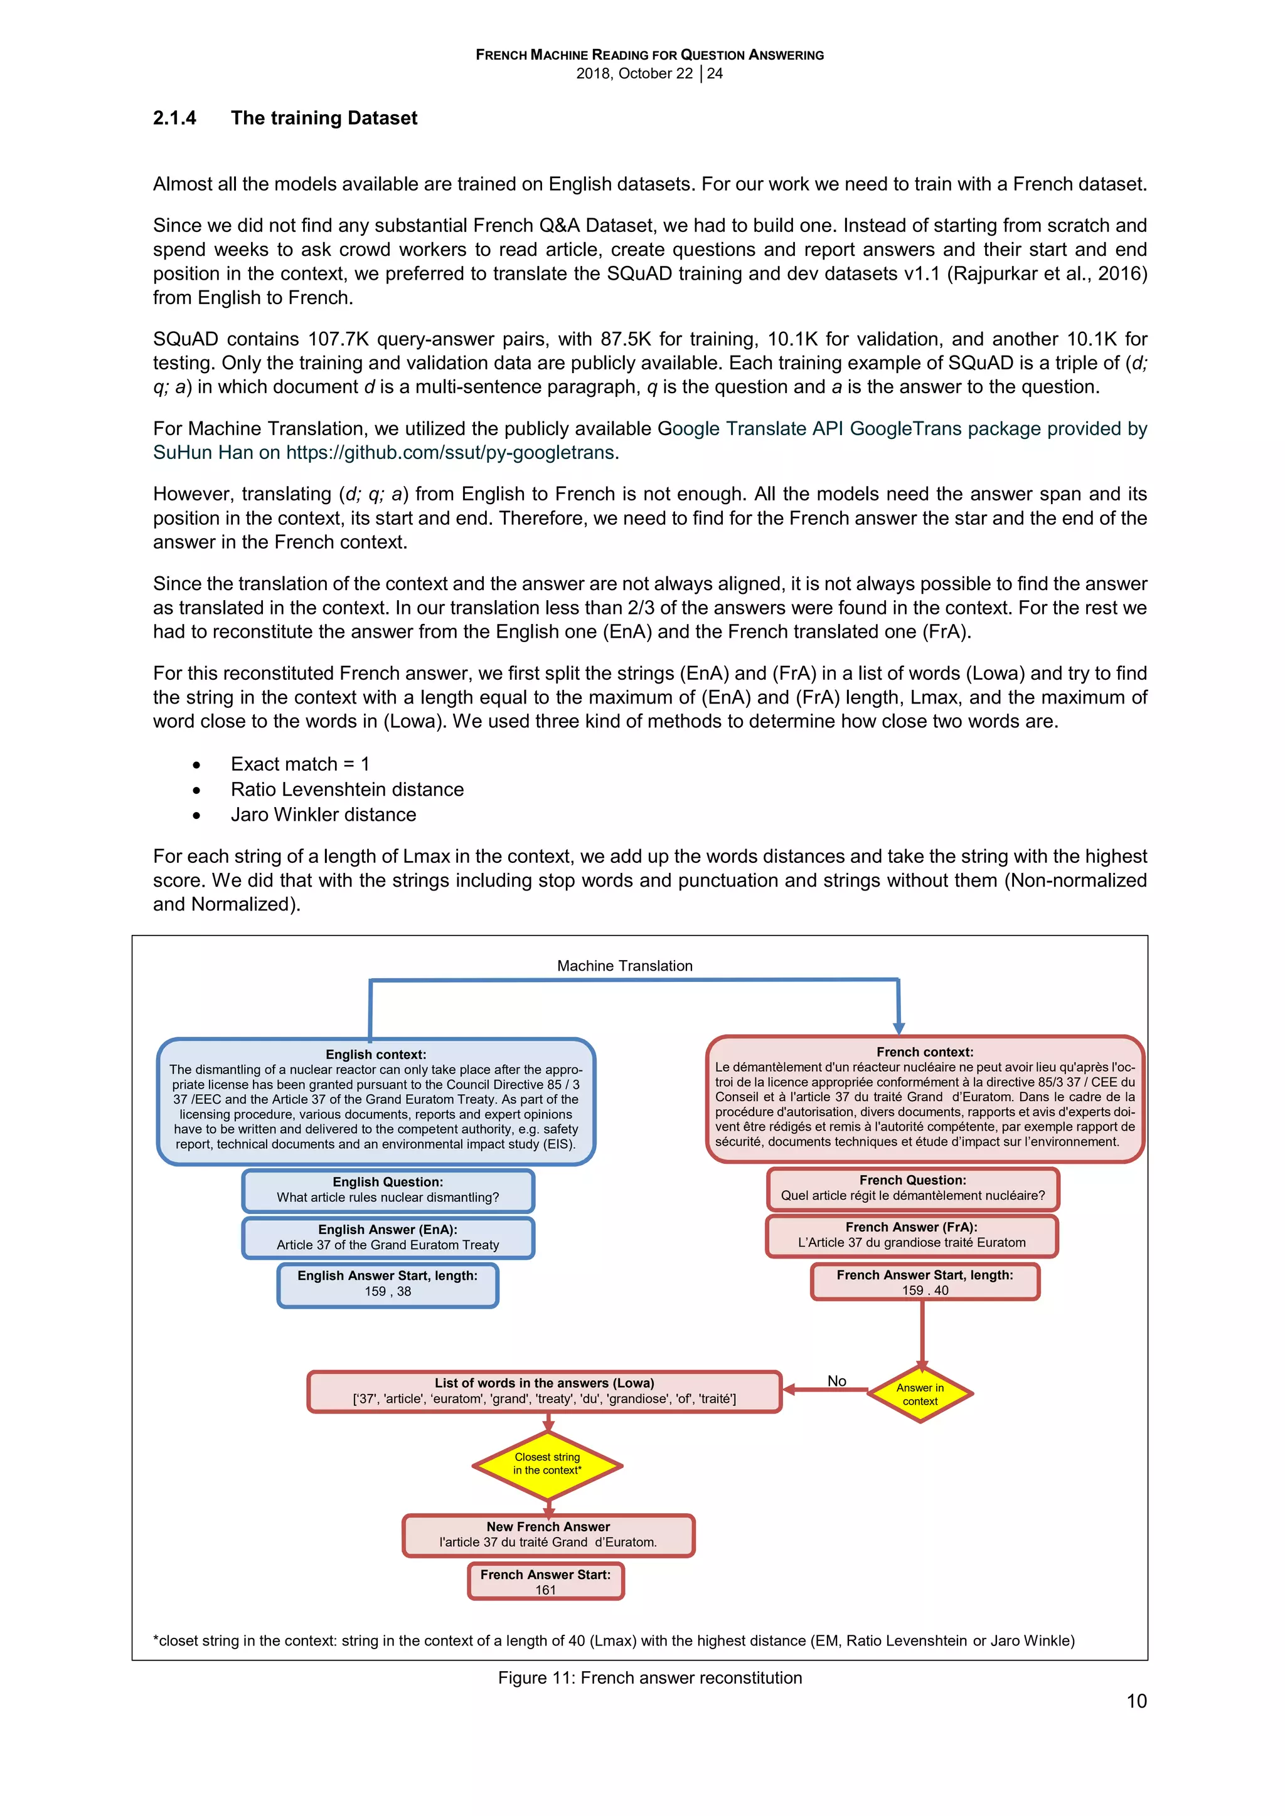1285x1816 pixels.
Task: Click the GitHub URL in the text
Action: pos(449,452)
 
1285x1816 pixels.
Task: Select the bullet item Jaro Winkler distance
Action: pos(323,815)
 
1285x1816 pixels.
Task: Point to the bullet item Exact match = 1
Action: pos(300,764)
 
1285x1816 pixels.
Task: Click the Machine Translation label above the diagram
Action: pos(624,966)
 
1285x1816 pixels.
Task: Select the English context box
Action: pos(376,1102)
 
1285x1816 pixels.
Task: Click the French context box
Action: pos(924,1099)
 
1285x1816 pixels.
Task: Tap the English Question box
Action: pos(388,1190)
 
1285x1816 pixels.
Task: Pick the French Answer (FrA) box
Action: pos(912,1235)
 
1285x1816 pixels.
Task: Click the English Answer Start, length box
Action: pos(388,1284)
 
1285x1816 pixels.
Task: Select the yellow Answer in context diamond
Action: pos(920,1395)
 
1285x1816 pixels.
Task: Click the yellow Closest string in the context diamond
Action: pos(548,1464)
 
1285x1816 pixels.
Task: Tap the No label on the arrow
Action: pos(836,1381)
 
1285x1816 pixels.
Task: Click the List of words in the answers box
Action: pos(545,1391)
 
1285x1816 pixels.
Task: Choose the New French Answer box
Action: pos(548,1535)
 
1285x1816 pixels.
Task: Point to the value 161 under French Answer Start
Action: pos(545,1591)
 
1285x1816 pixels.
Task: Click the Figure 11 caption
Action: pos(649,1677)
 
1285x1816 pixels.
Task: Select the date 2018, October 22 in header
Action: pos(634,73)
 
